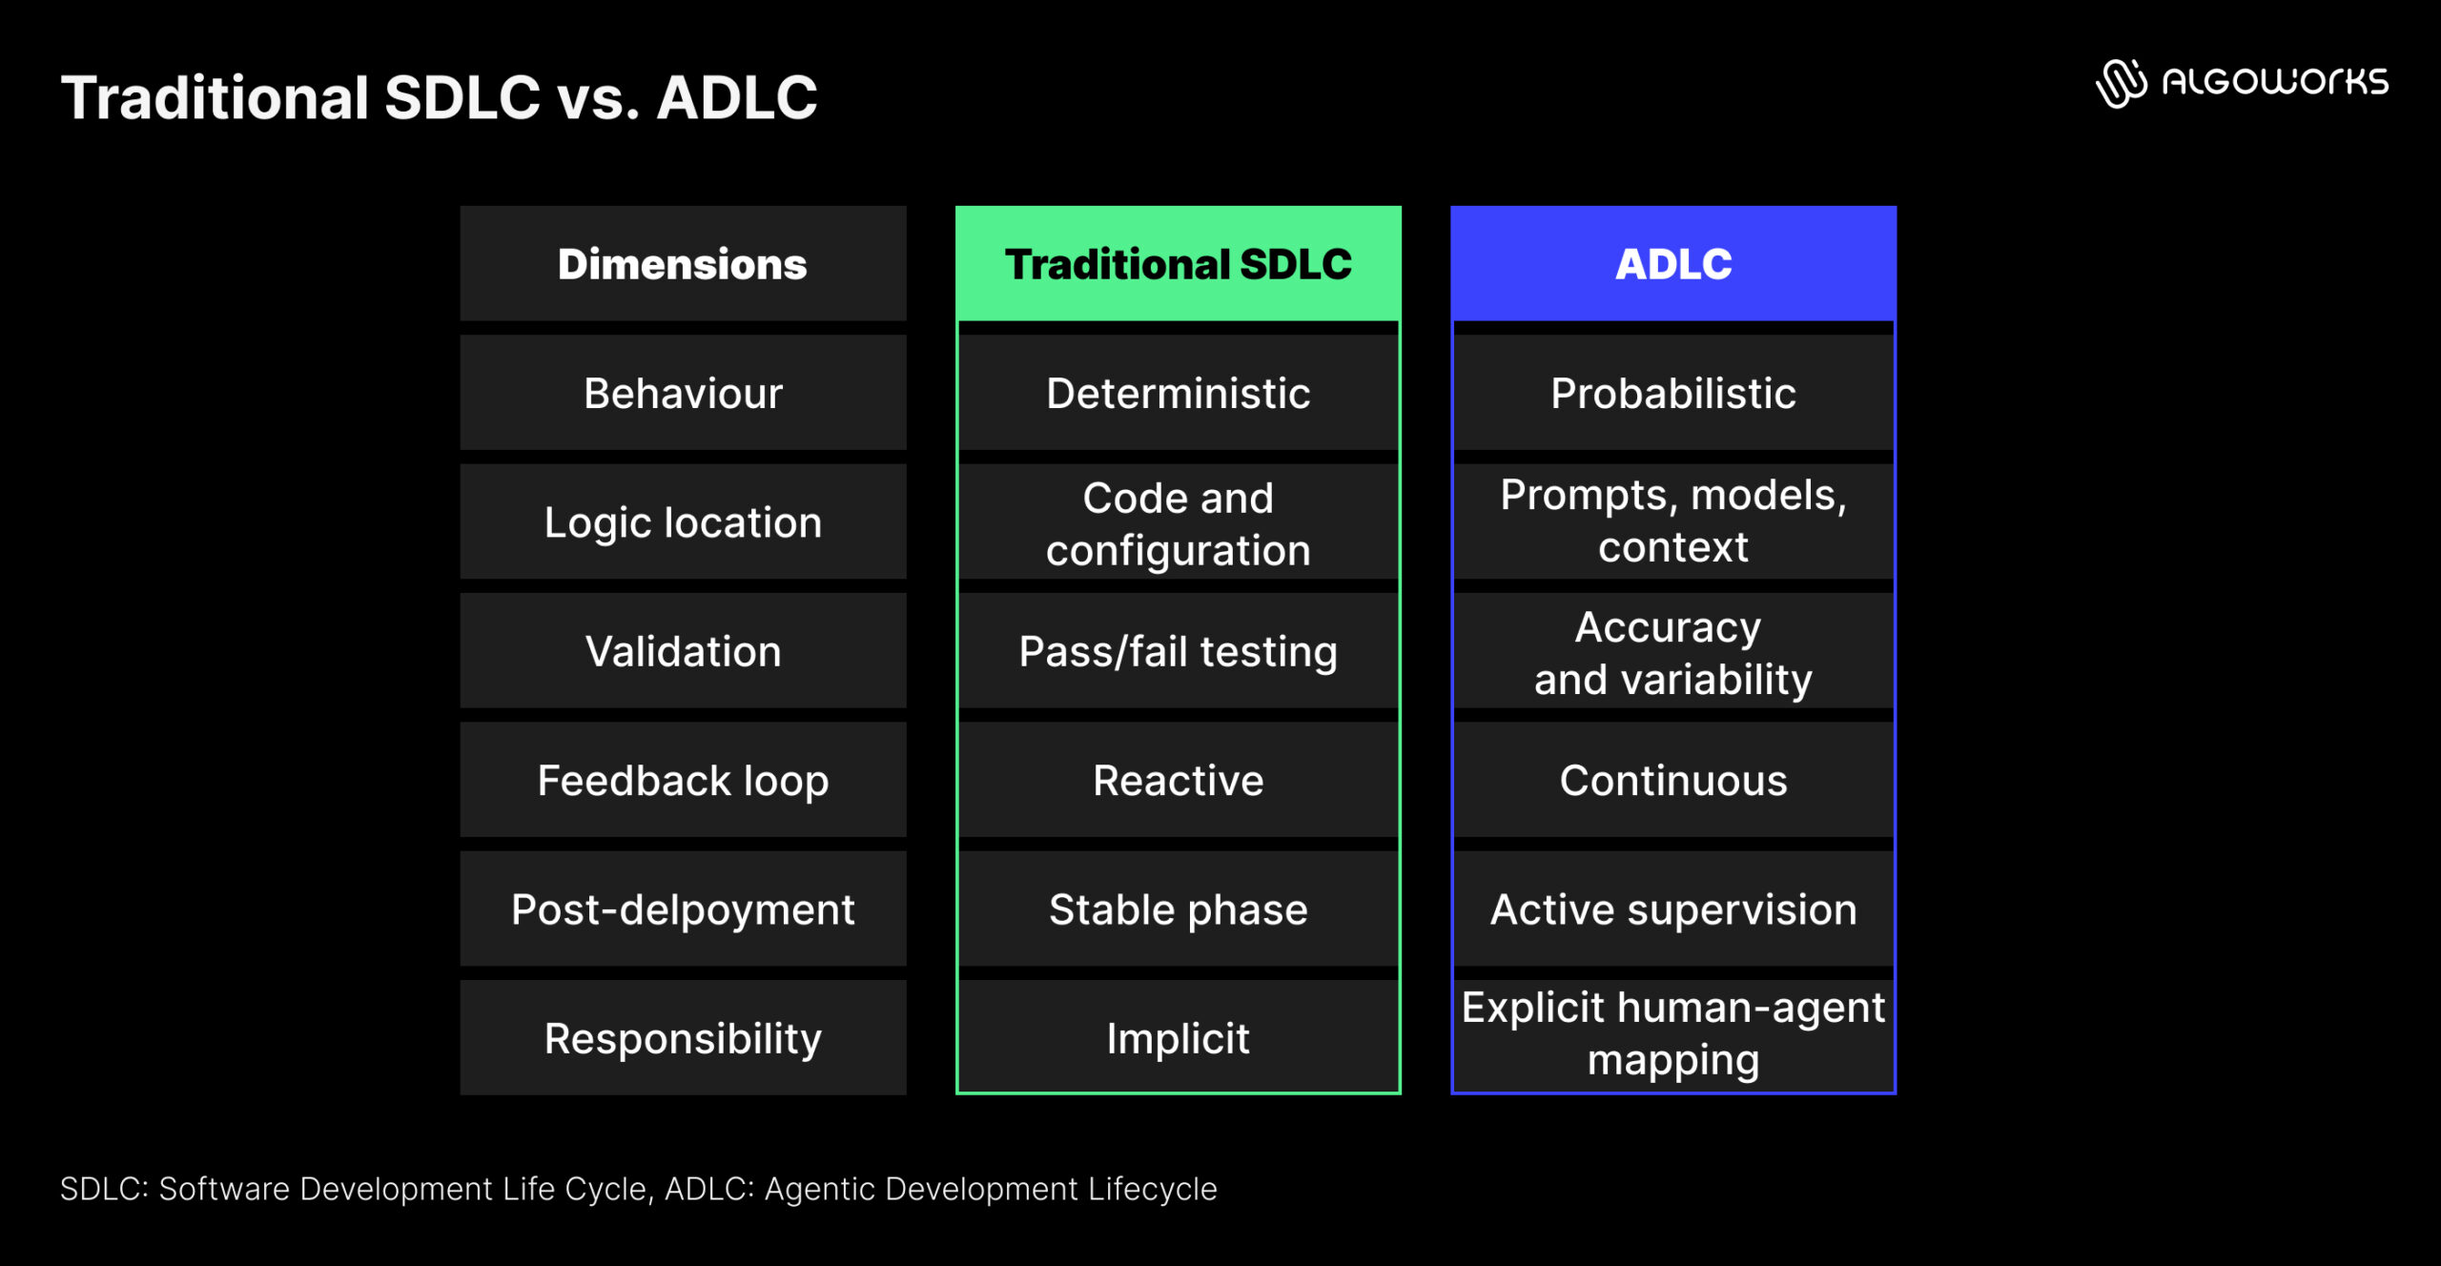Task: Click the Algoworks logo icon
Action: click(2121, 83)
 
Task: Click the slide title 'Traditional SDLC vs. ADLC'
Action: click(439, 97)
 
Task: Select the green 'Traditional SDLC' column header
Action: click(1178, 264)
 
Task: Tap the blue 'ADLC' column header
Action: click(1672, 264)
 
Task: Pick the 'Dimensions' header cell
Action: click(683, 264)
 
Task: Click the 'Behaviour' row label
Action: click(683, 393)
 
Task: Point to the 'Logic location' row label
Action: click(683, 522)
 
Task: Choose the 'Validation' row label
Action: click(683, 651)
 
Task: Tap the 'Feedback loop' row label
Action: click(683, 780)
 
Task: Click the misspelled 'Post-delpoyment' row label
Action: click(683, 909)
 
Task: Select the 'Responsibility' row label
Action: click(683, 1038)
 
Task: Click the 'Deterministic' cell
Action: click(1178, 393)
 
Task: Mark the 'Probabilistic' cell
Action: click(1672, 393)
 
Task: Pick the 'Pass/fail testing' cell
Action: click(1178, 651)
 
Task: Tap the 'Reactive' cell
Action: click(1178, 780)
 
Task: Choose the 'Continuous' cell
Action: click(1672, 780)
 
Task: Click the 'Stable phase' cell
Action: click(1178, 909)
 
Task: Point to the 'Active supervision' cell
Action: click(1672, 909)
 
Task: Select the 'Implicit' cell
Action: click(1178, 1038)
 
